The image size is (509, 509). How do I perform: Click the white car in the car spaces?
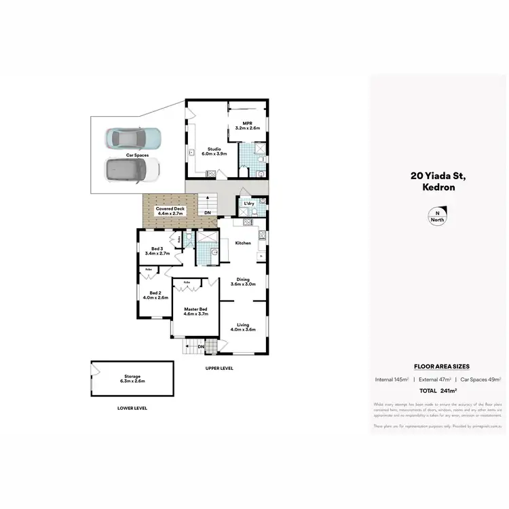[x=132, y=170]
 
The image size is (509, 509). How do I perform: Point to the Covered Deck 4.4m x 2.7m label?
[x=170, y=210]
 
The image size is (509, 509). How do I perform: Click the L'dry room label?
[x=248, y=204]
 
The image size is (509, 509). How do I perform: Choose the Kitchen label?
[x=243, y=242]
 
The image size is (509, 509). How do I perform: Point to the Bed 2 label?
[x=155, y=295]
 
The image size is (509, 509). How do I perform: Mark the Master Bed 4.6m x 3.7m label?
[x=195, y=312]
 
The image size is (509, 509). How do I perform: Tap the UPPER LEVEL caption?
[x=219, y=368]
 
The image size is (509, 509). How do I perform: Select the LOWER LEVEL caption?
[x=132, y=409]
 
